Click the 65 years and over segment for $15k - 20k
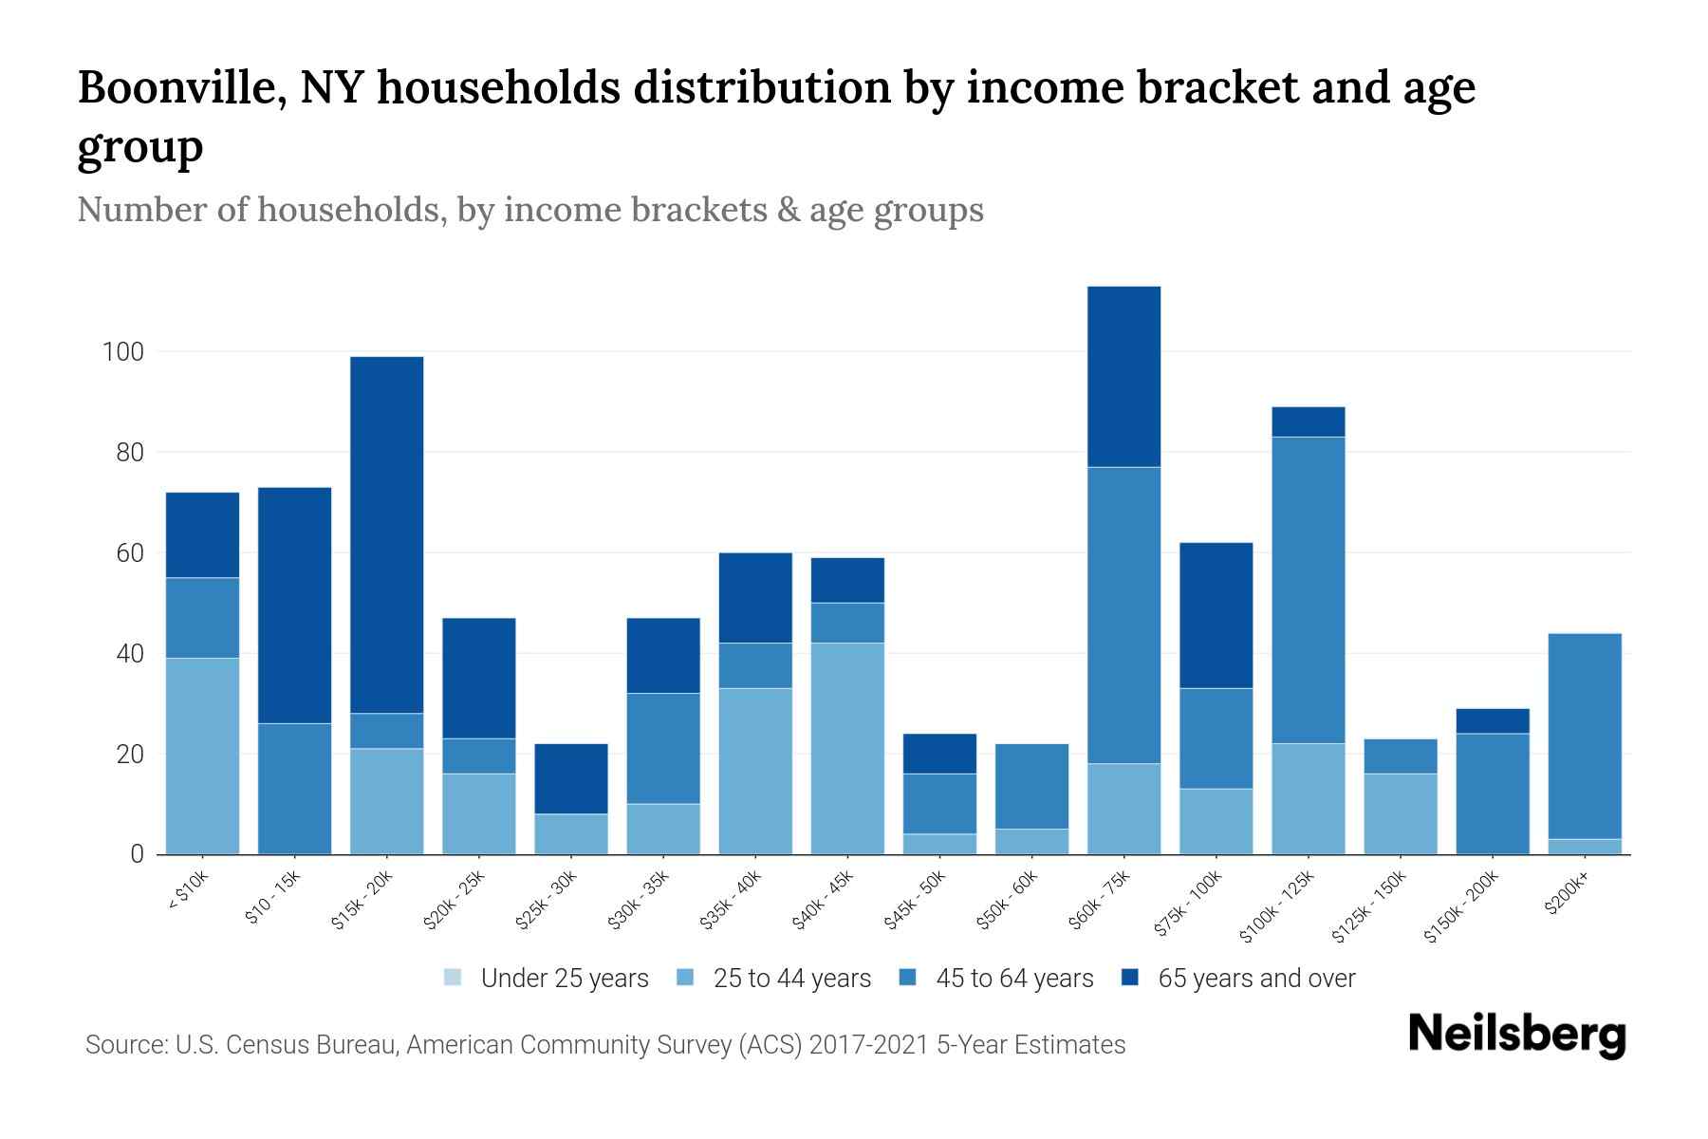click(386, 534)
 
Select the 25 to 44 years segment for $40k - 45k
click(847, 748)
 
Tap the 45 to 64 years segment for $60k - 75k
click(1123, 615)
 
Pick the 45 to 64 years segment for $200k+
click(1584, 736)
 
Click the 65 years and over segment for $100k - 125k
click(1308, 421)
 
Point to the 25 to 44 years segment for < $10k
click(202, 756)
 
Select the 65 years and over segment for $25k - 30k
click(571, 778)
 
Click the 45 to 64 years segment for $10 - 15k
click(294, 788)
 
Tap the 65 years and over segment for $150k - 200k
click(1492, 720)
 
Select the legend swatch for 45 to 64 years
click(907, 978)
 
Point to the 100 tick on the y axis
click(122, 352)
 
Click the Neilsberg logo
click(1516, 1035)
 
